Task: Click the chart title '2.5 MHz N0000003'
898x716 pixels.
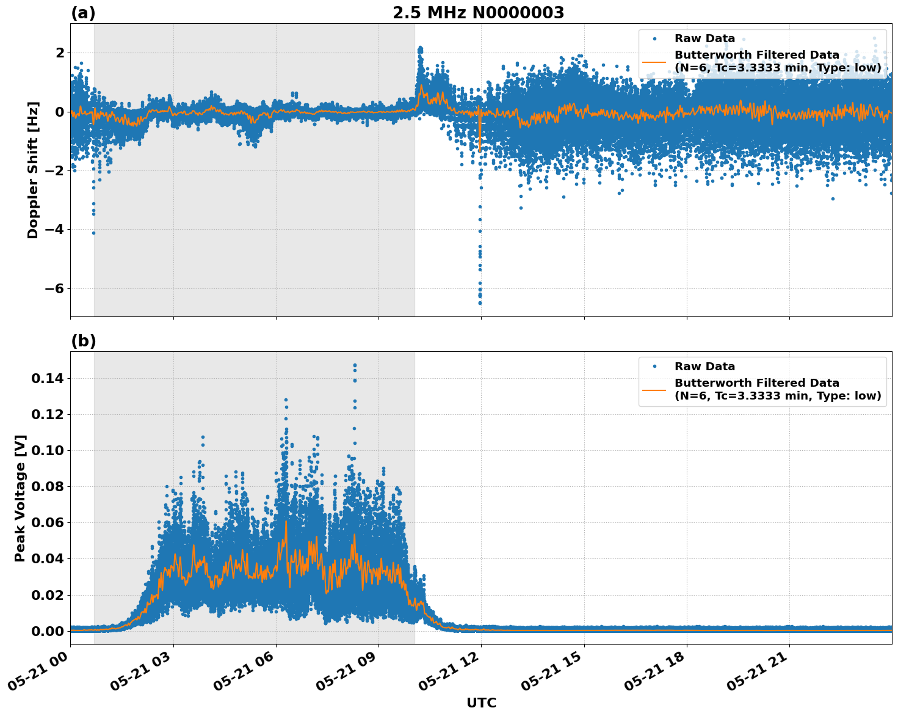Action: tap(478, 13)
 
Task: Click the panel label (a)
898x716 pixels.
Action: tap(83, 13)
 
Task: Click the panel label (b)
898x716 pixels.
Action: tap(83, 341)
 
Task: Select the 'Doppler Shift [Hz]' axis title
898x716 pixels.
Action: tap(33, 170)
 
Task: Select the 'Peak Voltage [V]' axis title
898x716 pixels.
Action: tap(20, 498)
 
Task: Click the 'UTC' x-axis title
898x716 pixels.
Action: tap(481, 703)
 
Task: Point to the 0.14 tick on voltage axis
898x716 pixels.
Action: tap(48, 379)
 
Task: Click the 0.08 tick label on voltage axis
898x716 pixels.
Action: tap(48, 487)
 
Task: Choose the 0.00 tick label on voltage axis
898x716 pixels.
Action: tap(48, 631)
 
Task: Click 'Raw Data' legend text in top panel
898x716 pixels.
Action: tap(704, 39)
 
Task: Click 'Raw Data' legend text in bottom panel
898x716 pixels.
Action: tap(704, 367)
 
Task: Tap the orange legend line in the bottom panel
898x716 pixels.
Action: tap(654, 389)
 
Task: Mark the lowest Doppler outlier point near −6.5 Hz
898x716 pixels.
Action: tap(480, 303)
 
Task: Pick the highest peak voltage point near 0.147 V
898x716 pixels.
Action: tap(355, 365)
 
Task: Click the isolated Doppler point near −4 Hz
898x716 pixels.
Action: tap(93, 233)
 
